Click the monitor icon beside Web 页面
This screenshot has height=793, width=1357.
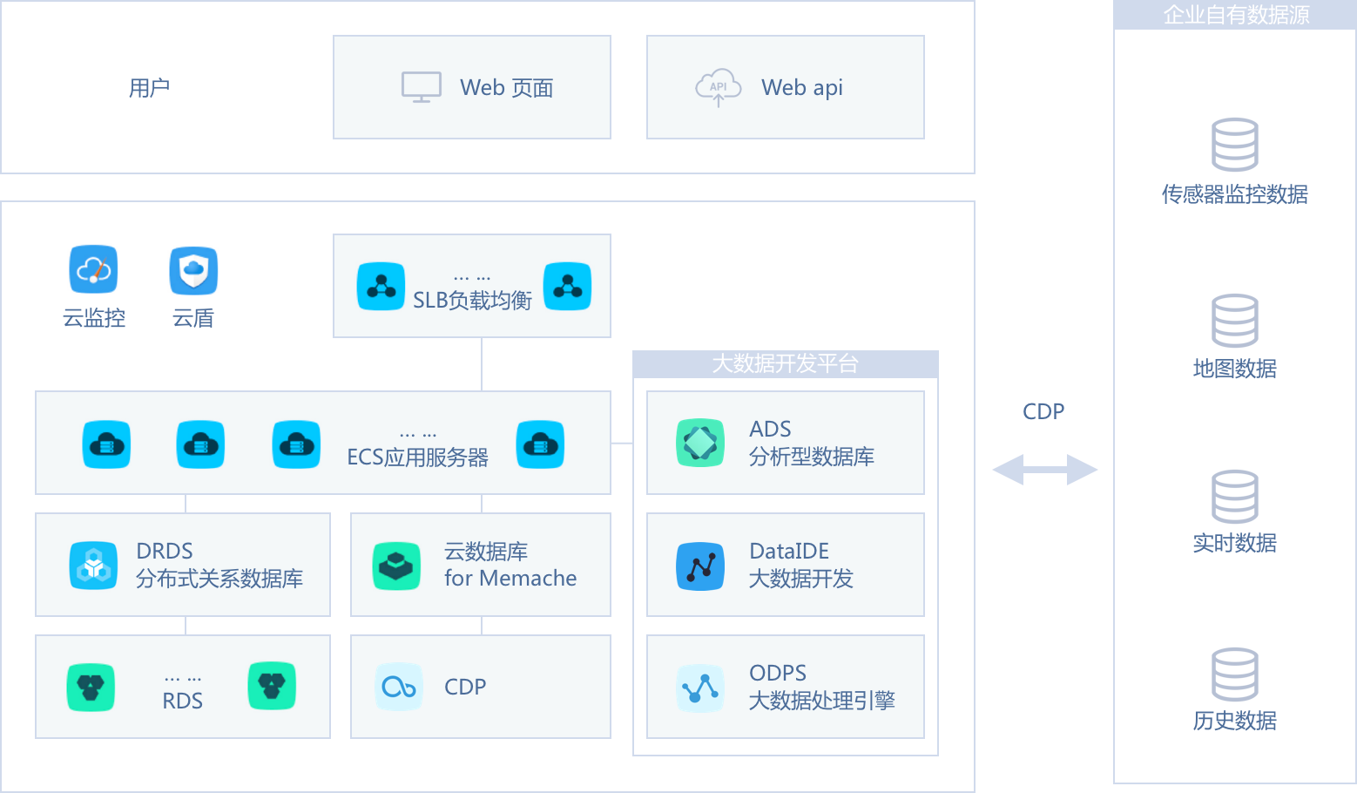coord(421,87)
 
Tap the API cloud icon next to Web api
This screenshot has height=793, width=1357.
coord(718,87)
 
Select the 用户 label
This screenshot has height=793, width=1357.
coord(149,88)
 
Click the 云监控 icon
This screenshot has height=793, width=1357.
coord(94,269)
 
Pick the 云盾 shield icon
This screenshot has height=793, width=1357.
coord(193,270)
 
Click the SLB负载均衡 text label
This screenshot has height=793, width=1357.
coord(472,301)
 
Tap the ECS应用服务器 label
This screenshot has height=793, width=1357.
coord(417,457)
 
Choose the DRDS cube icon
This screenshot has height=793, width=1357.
coord(93,566)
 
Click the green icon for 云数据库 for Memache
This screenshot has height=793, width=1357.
coord(396,566)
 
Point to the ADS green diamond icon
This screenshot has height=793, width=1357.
coord(700,443)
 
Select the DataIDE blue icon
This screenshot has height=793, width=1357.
coord(700,566)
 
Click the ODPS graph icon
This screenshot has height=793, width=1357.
coord(700,688)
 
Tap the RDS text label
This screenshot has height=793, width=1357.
coord(182,701)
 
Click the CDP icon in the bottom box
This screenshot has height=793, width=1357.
coord(399,688)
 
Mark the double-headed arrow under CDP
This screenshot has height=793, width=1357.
coord(1044,470)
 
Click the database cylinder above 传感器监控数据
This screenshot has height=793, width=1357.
coord(1234,145)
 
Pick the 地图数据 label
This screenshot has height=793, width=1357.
coord(1234,369)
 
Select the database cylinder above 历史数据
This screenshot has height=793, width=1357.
coord(1234,674)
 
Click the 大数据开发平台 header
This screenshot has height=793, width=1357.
coord(785,363)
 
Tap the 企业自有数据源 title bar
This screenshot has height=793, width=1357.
coord(1235,15)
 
